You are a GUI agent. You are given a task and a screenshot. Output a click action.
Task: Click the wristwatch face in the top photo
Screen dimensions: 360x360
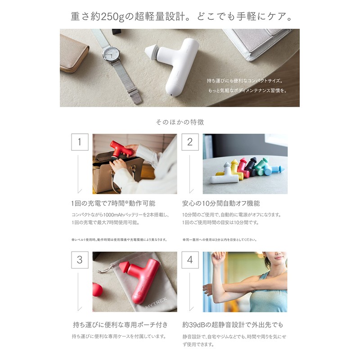coord(110,55)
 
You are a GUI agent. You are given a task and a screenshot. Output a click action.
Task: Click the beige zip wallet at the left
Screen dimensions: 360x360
coord(74,53)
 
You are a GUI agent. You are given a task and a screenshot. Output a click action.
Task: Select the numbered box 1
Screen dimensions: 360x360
coord(80,142)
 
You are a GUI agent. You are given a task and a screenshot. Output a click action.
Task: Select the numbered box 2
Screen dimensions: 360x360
coord(190,142)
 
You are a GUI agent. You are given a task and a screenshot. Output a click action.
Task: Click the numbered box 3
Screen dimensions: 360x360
coord(80,260)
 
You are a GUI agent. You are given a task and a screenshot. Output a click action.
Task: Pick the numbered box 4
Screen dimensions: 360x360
coord(190,260)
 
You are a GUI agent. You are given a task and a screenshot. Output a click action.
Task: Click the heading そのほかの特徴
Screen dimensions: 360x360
coord(180,122)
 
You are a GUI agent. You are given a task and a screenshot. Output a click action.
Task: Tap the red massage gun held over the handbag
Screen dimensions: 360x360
coord(121,149)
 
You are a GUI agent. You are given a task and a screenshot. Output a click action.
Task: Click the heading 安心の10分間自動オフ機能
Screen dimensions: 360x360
coord(221,203)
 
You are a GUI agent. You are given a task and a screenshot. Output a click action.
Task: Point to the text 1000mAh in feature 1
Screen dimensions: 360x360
coord(116,215)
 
